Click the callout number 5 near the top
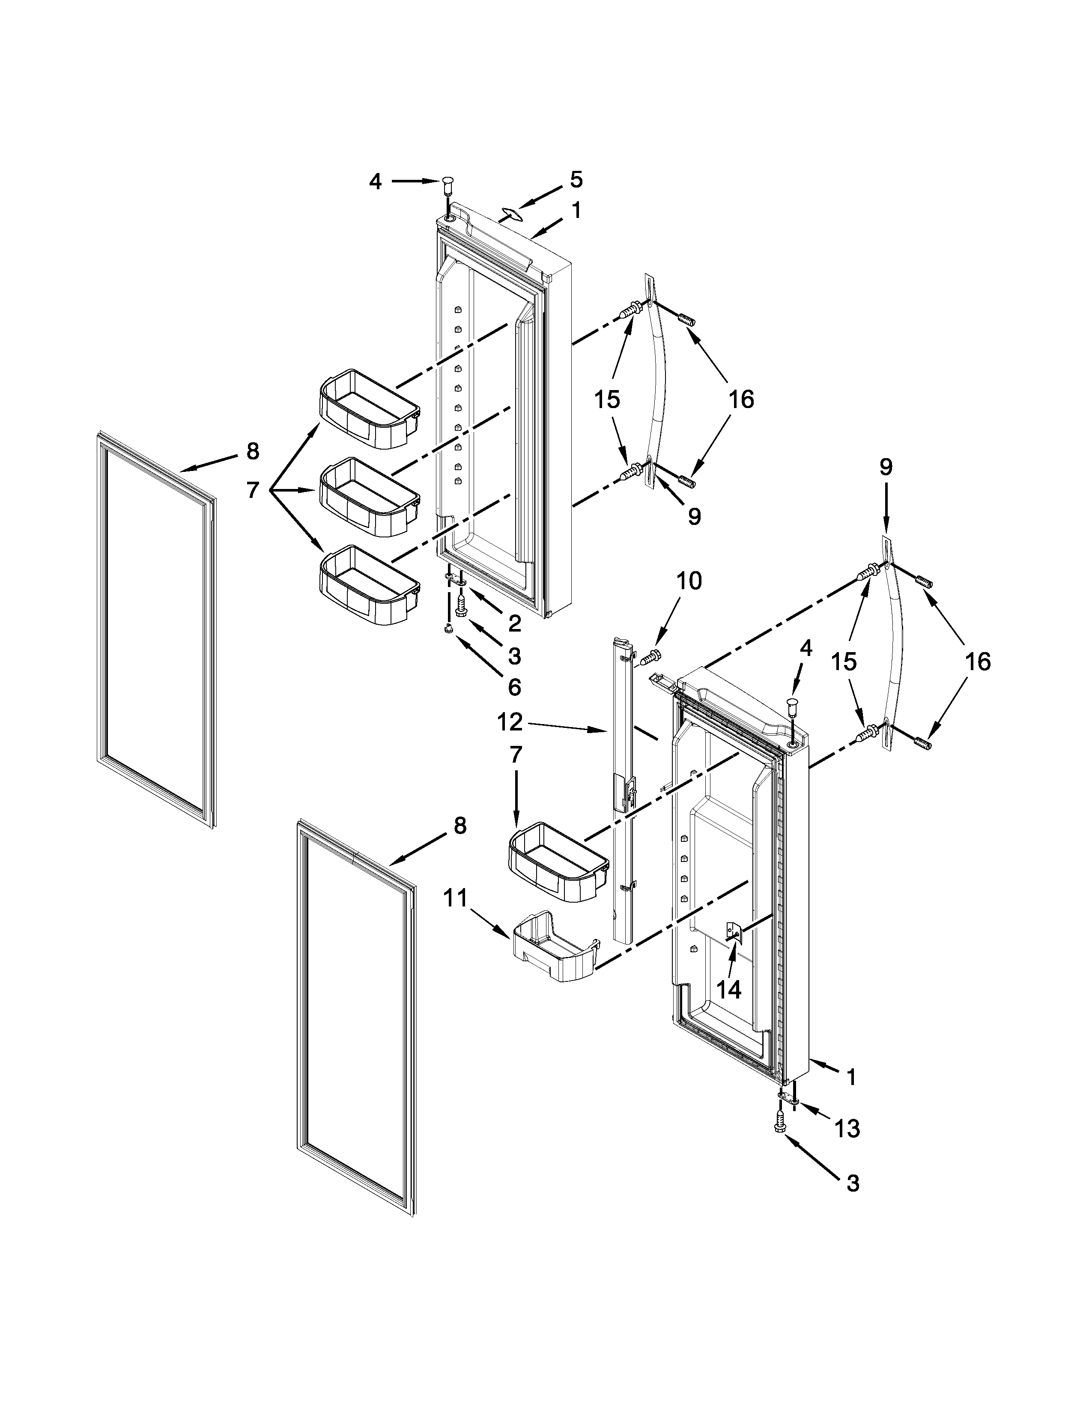[x=576, y=180]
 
